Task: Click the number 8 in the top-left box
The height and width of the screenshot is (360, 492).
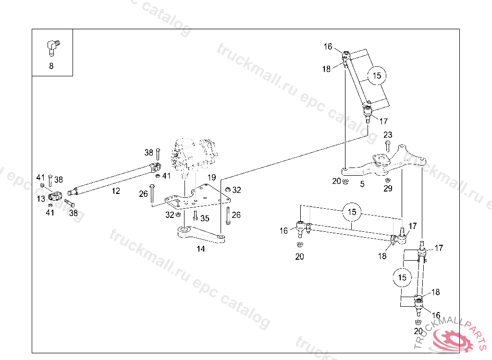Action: click(x=51, y=66)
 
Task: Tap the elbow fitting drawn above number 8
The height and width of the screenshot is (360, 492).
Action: click(x=52, y=47)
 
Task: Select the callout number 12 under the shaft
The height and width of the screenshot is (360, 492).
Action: click(x=116, y=191)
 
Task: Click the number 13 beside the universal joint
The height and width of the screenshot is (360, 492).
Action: click(x=42, y=198)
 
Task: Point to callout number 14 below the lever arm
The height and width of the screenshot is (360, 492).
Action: click(x=201, y=249)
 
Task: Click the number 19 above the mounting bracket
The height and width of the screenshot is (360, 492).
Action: click(x=211, y=178)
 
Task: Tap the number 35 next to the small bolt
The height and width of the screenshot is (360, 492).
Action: click(x=205, y=218)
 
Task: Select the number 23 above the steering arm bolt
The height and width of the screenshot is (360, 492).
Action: click(x=388, y=135)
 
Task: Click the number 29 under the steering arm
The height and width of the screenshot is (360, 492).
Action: click(x=388, y=189)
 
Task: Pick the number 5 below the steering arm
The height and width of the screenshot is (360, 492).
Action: click(x=362, y=184)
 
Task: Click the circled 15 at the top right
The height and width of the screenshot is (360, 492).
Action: click(x=377, y=75)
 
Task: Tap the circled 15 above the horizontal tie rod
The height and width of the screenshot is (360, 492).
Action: click(x=352, y=212)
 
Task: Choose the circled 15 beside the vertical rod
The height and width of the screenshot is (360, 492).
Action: click(x=402, y=277)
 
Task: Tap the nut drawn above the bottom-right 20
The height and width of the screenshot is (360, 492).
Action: click(x=418, y=321)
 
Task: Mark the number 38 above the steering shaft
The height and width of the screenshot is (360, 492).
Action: click(x=148, y=153)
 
